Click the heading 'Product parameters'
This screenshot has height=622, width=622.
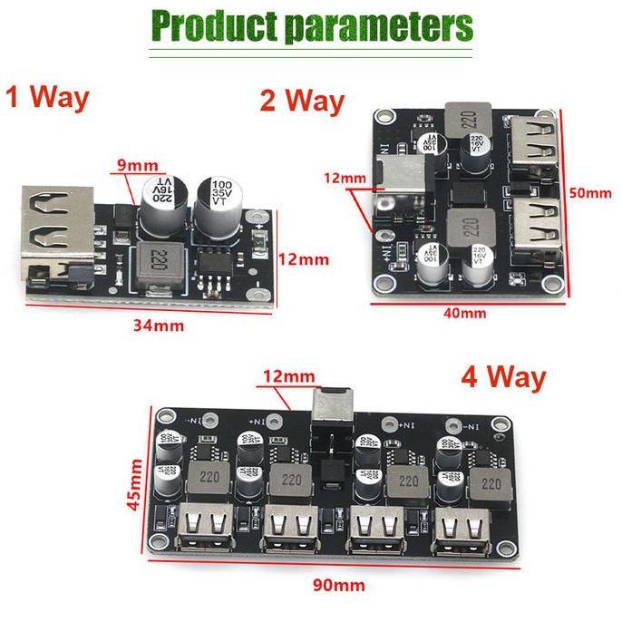coord(311,27)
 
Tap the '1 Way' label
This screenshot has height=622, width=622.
coord(47,97)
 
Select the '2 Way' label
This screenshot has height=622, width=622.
coord(302,100)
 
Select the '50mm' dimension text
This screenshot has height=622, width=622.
coord(593,194)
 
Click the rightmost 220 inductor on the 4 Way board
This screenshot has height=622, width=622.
coord(491,480)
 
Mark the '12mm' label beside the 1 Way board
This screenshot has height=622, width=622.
coord(301,258)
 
